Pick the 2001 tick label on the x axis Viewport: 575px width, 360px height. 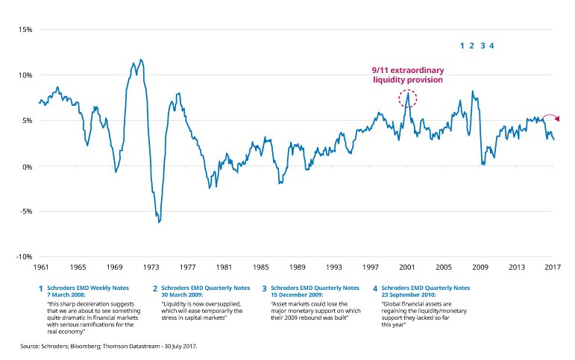pyautogui.click(x=407, y=266)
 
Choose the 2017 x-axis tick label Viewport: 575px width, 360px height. pyautogui.click(x=553, y=266)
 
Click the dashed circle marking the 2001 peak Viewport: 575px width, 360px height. pyautogui.click(x=408, y=98)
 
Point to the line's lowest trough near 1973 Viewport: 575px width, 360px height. pyautogui.click(x=159, y=222)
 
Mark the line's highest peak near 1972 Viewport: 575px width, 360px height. pyautogui.click(x=141, y=60)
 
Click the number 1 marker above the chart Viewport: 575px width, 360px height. pyautogui.click(x=462, y=46)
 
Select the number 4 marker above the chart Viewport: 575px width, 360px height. pyautogui.click(x=491, y=46)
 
